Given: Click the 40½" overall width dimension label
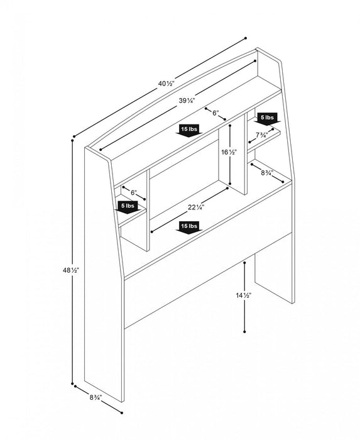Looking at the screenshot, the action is [x=166, y=84].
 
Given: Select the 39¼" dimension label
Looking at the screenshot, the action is [x=187, y=100].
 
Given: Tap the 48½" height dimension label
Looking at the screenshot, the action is [x=71, y=270].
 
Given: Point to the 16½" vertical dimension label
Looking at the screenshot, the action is [x=229, y=152].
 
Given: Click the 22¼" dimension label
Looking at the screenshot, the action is [x=195, y=207].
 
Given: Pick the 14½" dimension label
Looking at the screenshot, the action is [x=243, y=295].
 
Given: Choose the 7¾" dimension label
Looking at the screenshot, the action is [x=262, y=135].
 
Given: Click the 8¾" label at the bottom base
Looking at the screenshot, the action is [x=95, y=397].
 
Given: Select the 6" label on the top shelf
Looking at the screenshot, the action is [x=215, y=113].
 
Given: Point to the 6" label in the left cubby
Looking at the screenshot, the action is [x=134, y=192].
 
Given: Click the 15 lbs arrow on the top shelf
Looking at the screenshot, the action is [x=189, y=131].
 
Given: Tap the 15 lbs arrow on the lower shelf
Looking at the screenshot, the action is [x=189, y=228].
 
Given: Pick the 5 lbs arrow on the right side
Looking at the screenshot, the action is [x=267, y=119].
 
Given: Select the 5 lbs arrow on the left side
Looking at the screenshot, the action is [x=128, y=207].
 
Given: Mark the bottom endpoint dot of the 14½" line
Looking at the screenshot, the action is [x=245, y=332].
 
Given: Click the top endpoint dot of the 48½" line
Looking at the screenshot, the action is [x=72, y=140].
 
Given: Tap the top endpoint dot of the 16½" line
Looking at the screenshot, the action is [x=230, y=125].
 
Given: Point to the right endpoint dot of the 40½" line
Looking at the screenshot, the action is [x=246, y=38].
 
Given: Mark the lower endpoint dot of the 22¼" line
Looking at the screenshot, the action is [x=151, y=232].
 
